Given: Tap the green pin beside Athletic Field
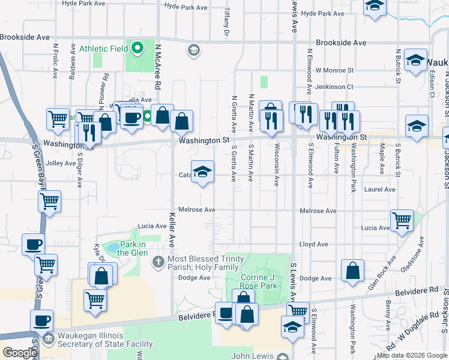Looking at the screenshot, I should click(x=137, y=47).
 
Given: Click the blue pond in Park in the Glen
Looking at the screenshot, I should click(x=111, y=247).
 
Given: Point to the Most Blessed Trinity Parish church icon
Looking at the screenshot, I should click(x=158, y=261).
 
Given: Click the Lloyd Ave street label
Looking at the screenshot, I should click(x=314, y=245).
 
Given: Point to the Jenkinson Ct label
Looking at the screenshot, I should click(x=334, y=87).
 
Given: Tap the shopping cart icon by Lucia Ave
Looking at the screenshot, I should click(x=401, y=220).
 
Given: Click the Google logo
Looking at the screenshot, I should click(x=19, y=353).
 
